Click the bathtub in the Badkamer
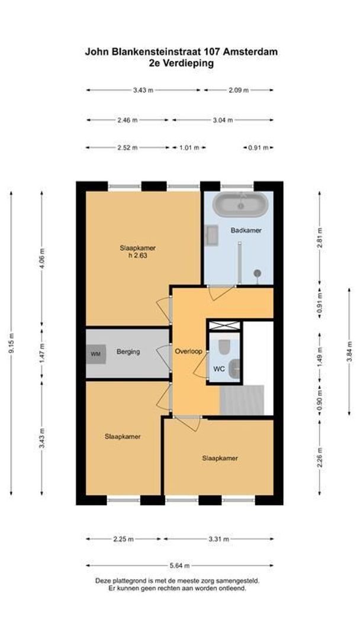coord(240,205)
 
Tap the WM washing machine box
coord(95,354)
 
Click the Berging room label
coord(128,352)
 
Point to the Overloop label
coord(189,351)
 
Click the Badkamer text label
coord(246,230)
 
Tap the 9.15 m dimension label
coord(11,343)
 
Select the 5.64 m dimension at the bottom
coord(180,565)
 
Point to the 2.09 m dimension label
coord(239,90)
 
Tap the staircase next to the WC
coord(242,400)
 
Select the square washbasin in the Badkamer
coord(211,235)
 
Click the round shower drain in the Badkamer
coord(258,273)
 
